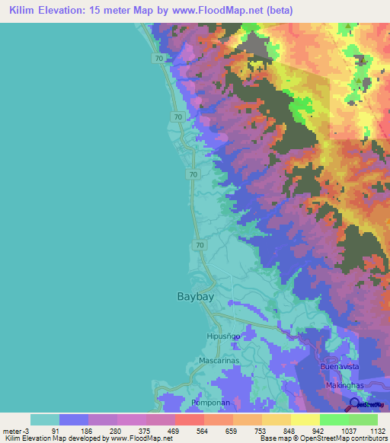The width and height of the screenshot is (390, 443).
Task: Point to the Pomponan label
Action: [216, 402]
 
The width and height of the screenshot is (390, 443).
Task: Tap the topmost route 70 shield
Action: [158, 58]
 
